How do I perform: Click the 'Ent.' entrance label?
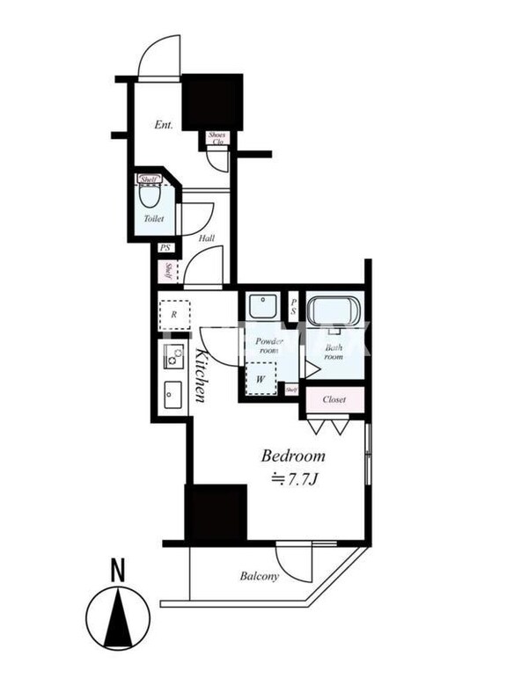163,125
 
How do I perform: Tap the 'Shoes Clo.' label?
216,138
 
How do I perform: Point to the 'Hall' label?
206,237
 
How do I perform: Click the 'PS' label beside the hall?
165,248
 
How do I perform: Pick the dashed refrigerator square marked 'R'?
173,315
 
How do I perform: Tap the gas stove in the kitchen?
172,358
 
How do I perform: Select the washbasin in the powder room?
260,306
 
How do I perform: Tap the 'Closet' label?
334,399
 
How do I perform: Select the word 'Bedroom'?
293,456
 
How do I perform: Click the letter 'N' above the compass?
117,570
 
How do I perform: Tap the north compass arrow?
117,618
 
